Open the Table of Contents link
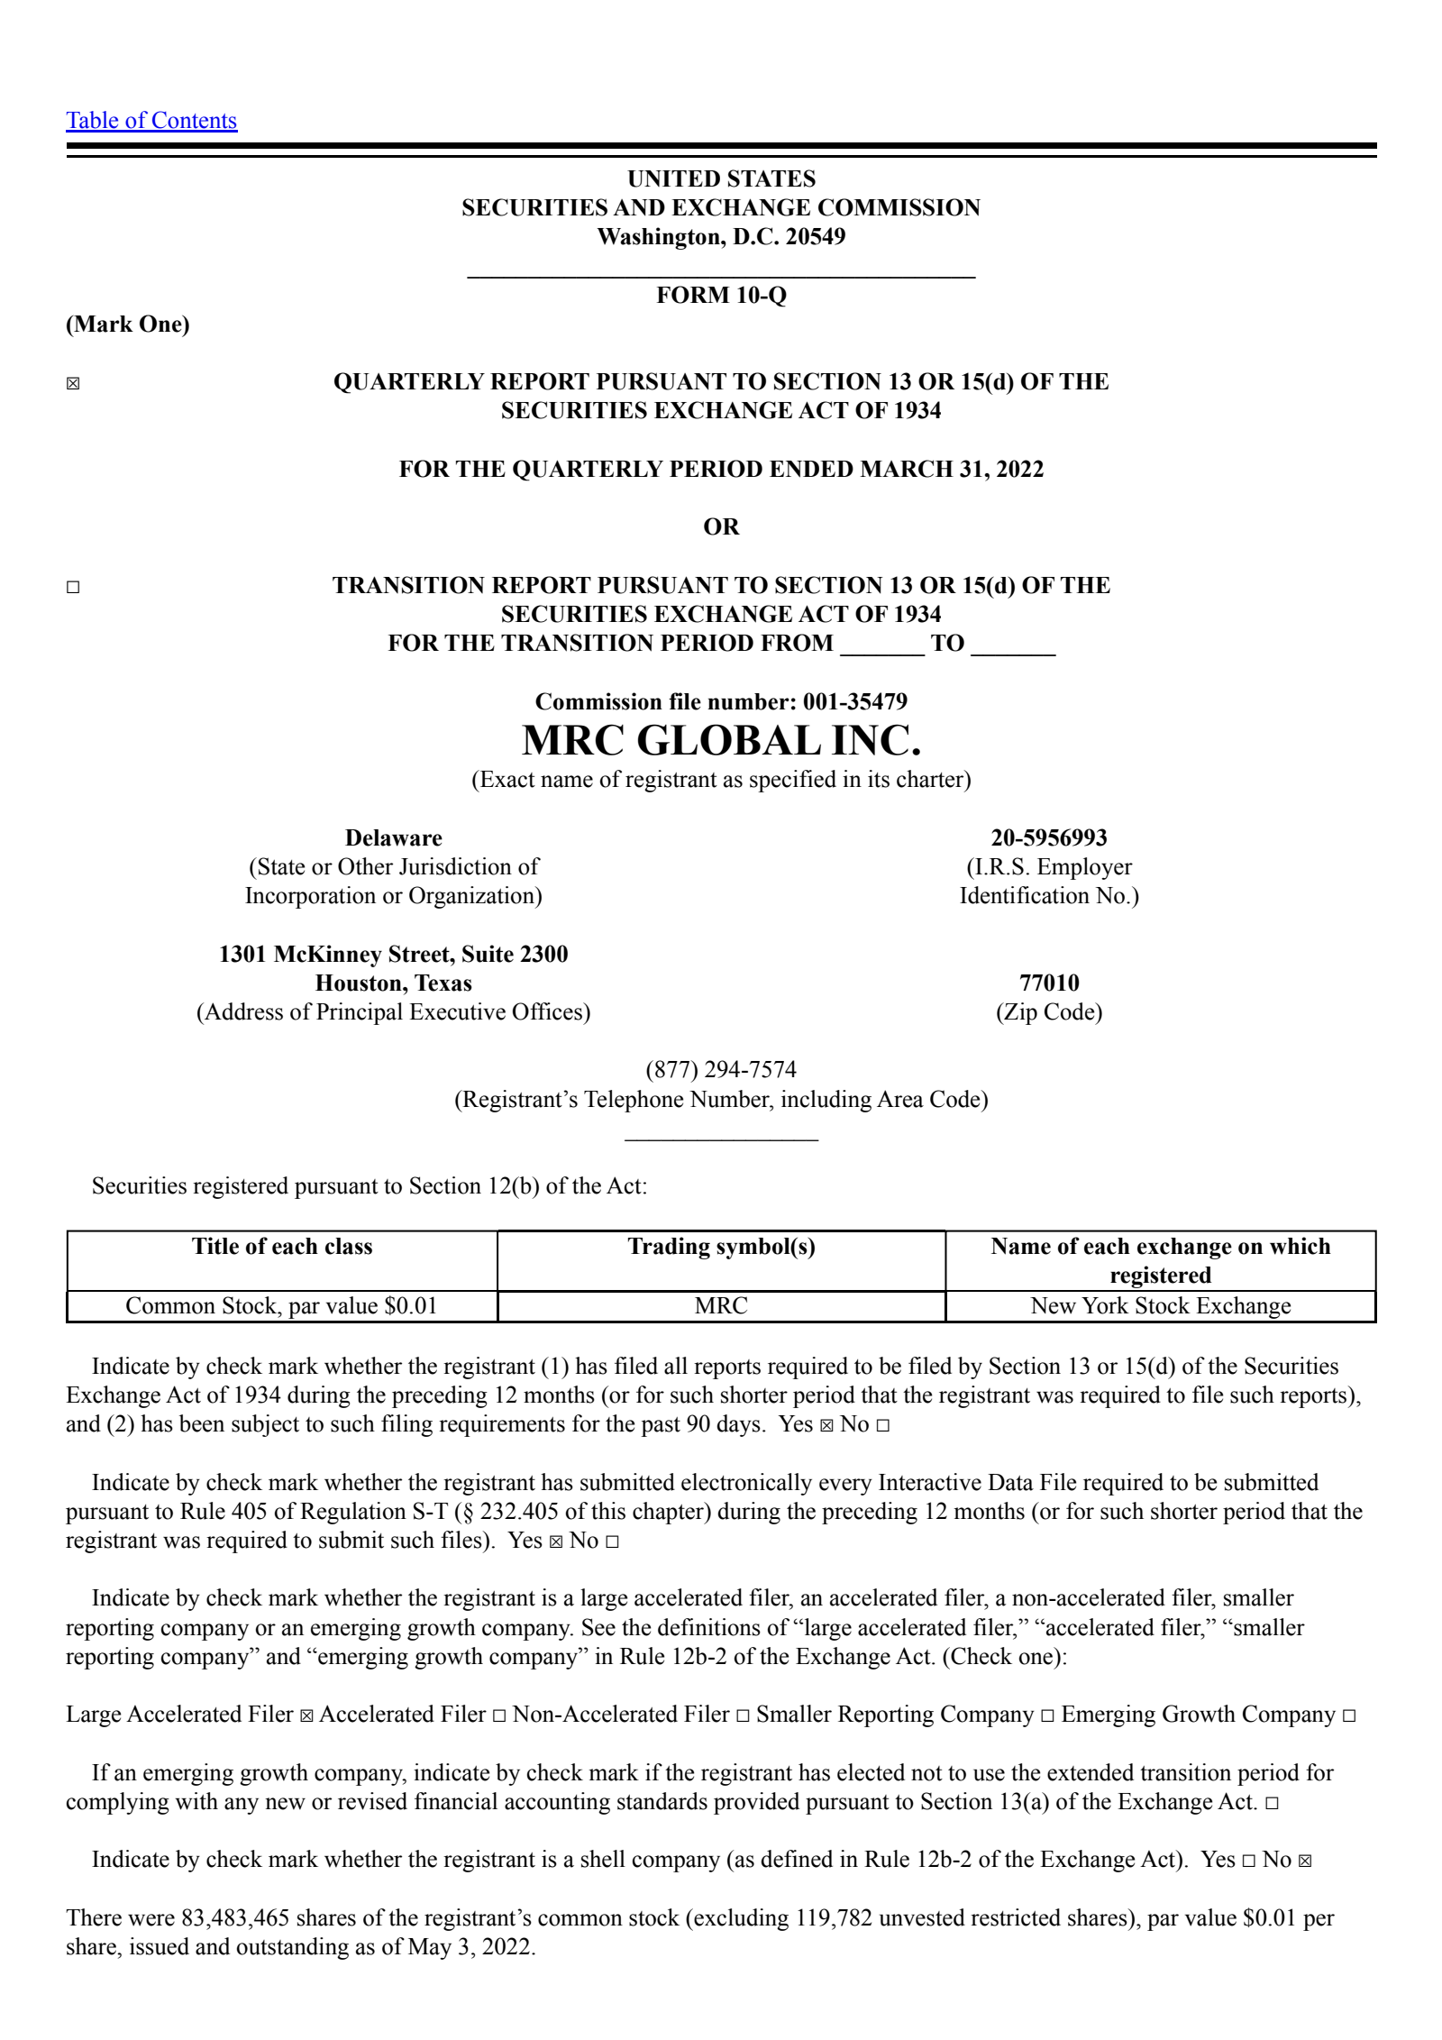(151, 121)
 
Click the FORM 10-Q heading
(721, 296)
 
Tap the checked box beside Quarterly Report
(73, 384)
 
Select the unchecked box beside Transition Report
(73, 588)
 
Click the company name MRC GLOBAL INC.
(721, 741)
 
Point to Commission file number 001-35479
(721, 701)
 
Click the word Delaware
(393, 838)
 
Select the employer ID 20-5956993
(1049, 838)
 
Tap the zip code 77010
(1049, 983)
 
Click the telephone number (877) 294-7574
(721, 1070)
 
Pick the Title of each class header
(282, 1247)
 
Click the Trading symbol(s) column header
(721, 1247)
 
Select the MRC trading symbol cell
(721, 1306)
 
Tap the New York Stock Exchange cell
(1161, 1306)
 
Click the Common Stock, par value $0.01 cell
(282, 1306)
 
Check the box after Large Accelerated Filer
(306, 1716)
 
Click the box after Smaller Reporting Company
(1047, 1716)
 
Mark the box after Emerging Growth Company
(1349, 1716)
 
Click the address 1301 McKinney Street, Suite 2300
(393, 955)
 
